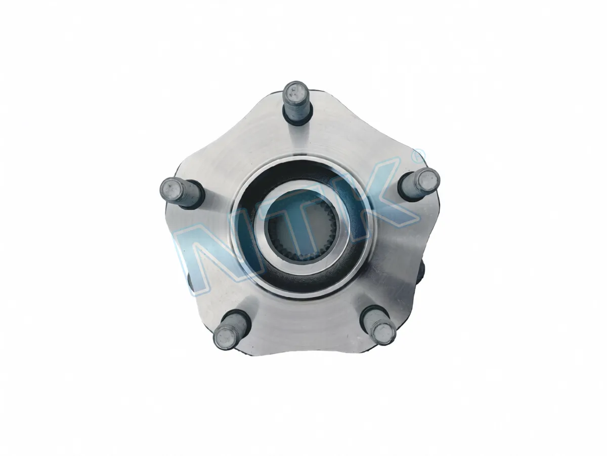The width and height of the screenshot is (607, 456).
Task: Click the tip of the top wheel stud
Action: pyautogui.click(x=295, y=91)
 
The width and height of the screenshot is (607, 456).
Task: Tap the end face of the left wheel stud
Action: pyautogui.click(x=170, y=189)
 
